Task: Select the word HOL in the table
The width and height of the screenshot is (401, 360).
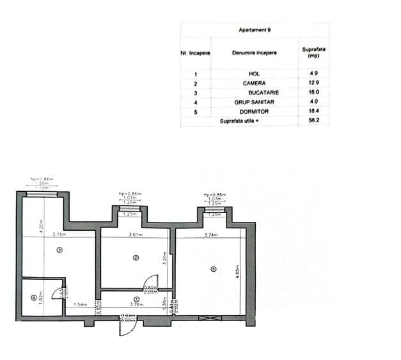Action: (255, 74)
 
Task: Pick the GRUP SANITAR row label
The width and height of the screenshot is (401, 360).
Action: (255, 102)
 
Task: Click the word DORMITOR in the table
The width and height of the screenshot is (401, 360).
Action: (255, 111)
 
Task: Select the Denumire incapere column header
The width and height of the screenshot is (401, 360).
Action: (255, 52)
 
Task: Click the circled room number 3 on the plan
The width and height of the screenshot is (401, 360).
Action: (59, 249)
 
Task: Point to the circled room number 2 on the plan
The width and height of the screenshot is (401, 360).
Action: (136, 258)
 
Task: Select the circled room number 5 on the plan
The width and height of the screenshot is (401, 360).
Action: (213, 269)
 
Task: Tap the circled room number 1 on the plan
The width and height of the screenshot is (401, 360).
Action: (136, 299)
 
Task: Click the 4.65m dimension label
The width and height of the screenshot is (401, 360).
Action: (237, 272)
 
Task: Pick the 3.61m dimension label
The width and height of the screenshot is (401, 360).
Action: (135, 235)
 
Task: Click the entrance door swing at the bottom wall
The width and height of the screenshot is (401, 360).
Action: (127, 327)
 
